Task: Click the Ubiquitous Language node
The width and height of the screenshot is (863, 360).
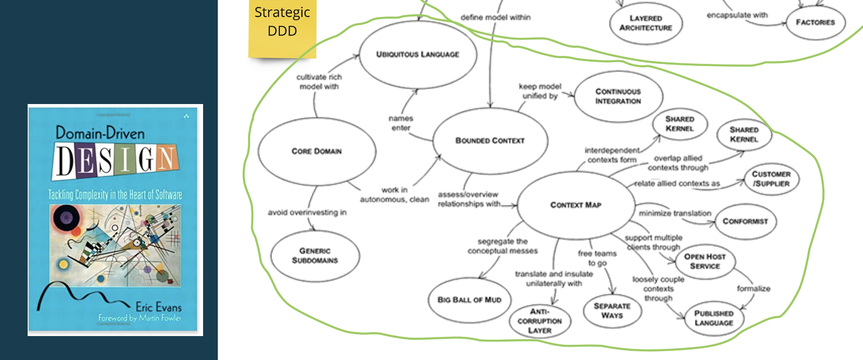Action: pos(418,54)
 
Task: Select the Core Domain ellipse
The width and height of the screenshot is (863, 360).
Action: pos(317,151)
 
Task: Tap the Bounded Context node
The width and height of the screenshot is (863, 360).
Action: pos(490,140)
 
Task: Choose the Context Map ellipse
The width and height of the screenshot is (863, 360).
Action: pos(576,205)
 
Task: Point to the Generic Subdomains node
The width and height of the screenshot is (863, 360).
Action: pos(315,255)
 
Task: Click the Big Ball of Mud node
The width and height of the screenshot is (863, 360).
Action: pos(469,300)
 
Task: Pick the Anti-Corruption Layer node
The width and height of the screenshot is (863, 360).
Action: pos(540,321)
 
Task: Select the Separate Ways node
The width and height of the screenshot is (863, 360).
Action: pos(612,311)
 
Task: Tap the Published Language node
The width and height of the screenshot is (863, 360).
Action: pos(714,318)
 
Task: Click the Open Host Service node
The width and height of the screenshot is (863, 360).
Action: pos(705,261)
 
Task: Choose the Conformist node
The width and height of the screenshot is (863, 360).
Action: pos(745,221)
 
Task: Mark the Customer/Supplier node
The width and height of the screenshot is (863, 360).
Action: pos(771,179)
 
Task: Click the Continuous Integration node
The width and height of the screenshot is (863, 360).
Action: pos(618,96)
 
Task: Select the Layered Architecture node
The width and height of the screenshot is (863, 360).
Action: pos(646,23)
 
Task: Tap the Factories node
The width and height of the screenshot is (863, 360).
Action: pos(815,22)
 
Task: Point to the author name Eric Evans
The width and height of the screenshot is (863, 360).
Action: pos(158,307)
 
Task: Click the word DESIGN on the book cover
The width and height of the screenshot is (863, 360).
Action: pos(115,161)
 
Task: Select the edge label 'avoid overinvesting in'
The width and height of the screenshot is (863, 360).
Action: pos(307,212)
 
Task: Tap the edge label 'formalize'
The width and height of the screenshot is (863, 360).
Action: pos(753,289)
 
